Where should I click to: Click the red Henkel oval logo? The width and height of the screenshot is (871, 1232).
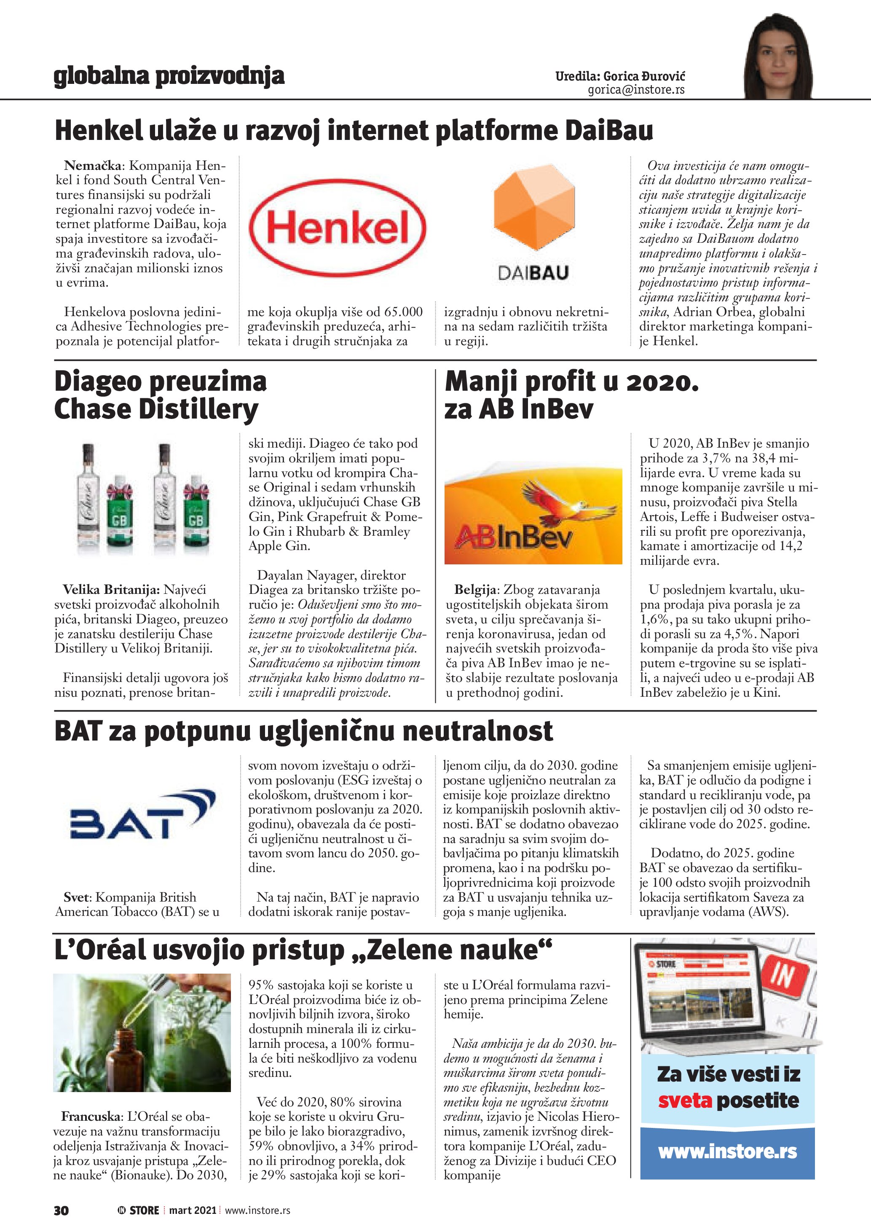point(338,228)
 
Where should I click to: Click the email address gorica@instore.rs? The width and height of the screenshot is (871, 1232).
point(636,90)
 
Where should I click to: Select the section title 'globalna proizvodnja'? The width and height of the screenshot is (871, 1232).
point(169,76)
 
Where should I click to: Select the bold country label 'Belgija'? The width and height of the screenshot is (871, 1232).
point(475,590)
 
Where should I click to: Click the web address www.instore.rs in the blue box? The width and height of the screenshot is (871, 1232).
point(727,1152)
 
